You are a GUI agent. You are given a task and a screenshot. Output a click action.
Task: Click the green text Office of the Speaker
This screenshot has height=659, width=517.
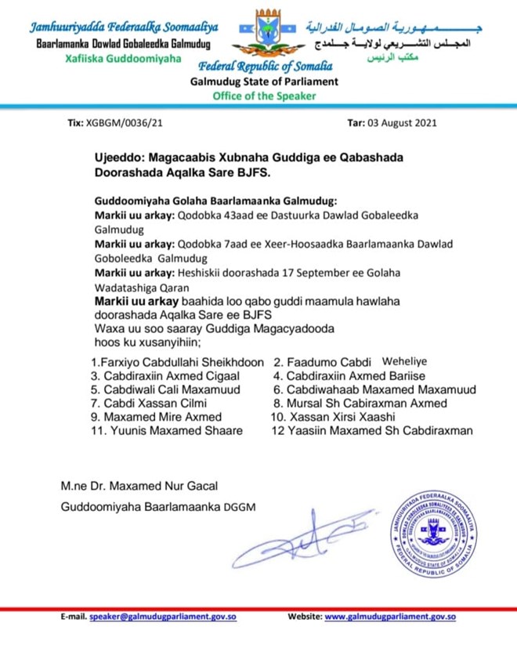tap(264, 96)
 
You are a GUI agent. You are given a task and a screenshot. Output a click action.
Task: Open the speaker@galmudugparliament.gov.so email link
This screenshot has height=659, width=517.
tap(163, 617)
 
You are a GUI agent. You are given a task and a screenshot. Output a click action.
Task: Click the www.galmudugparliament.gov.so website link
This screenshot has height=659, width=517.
tap(390, 617)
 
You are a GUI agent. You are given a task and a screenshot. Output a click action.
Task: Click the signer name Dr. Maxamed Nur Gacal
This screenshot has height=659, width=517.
tap(157, 488)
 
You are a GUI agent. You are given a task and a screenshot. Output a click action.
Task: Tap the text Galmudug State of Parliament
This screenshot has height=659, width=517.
tap(264, 81)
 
